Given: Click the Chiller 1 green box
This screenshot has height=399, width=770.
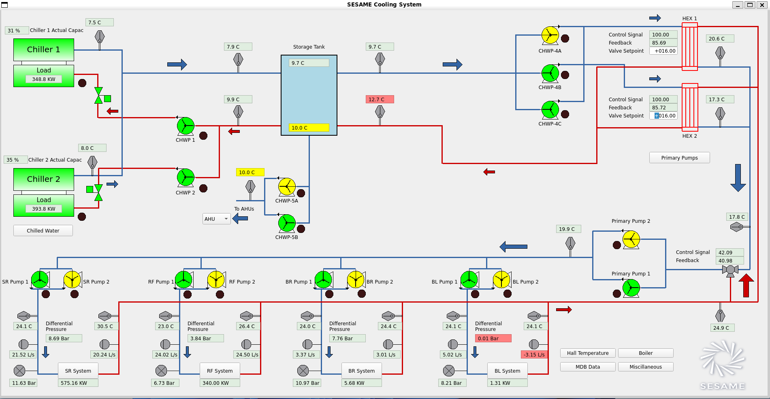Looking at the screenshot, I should click(x=44, y=49).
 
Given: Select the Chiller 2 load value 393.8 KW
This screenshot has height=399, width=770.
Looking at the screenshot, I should click(x=44, y=209).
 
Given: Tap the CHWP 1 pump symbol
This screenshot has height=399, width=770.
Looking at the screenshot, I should click(x=186, y=126).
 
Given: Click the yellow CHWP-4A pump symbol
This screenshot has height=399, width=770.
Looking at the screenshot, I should click(x=550, y=35).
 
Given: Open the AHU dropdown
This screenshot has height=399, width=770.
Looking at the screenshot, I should click(x=217, y=219).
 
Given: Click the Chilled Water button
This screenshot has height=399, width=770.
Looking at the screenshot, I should click(x=43, y=230).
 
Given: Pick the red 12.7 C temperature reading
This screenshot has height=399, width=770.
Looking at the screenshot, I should click(x=380, y=99).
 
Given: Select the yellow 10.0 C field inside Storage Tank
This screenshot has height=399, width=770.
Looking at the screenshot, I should click(x=309, y=128).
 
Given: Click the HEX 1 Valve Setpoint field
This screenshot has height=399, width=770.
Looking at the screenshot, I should click(x=663, y=51).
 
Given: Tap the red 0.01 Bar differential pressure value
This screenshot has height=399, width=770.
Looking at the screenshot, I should click(x=493, y=338).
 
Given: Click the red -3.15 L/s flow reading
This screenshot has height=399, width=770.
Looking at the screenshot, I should click(x=534, y=354).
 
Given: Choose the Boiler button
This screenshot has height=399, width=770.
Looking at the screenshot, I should click(x=646, y=353).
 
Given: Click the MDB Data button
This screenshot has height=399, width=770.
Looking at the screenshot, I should click(x=588, y=367).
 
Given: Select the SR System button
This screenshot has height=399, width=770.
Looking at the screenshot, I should click(x=78, y=371).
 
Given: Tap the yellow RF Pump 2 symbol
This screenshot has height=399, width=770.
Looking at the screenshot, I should click(x=216, y=280).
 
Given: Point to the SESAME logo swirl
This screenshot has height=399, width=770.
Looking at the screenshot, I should click(x=722, y=358).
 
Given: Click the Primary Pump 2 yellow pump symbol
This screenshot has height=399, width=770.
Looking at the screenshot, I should click(x=631, y=239).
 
